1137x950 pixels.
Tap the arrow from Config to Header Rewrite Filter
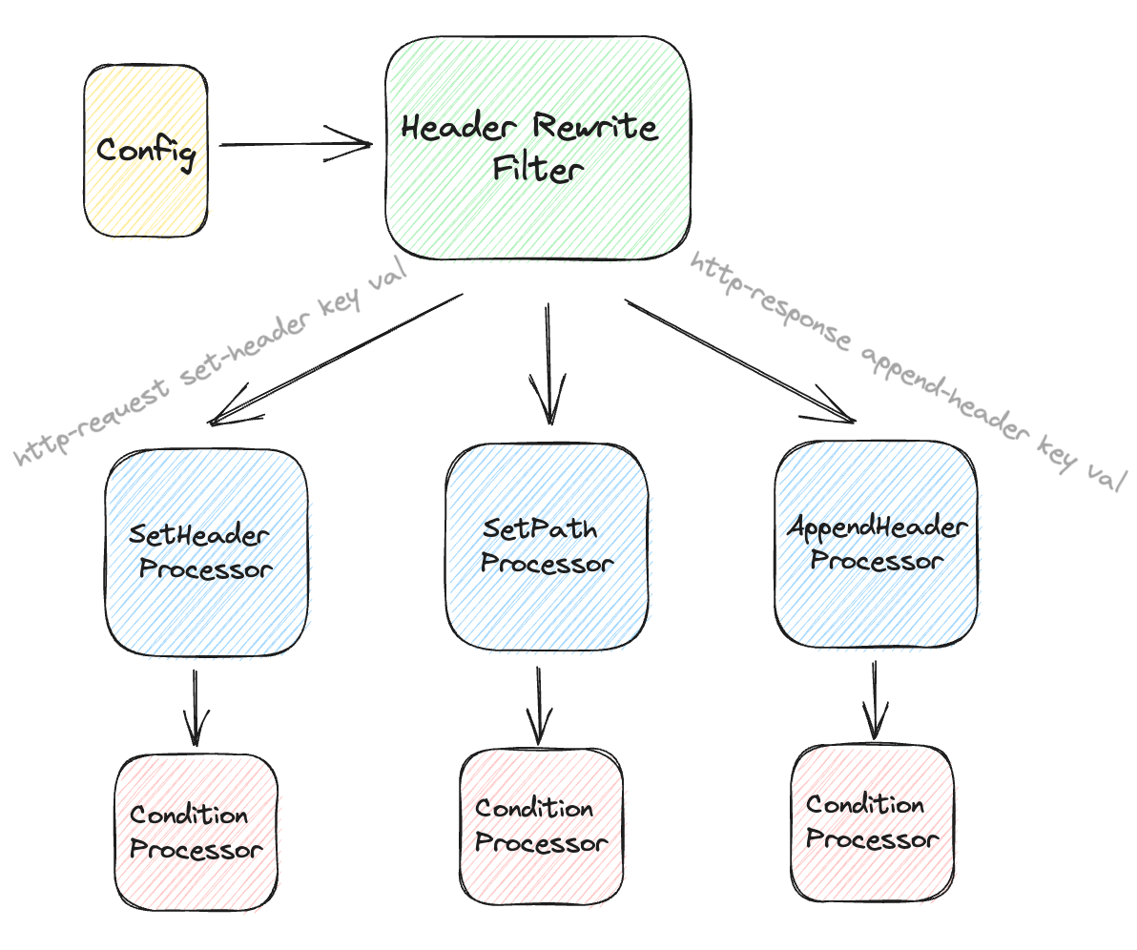(x=296, y=145)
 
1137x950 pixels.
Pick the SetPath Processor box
(x=546, y=545)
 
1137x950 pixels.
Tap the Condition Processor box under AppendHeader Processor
(x=871, y=823)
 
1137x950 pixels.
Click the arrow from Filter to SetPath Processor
(x=549, y=362)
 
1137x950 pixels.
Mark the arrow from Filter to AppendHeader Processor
(x=739, y=360)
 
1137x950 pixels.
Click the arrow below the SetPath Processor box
(x=540, y=704)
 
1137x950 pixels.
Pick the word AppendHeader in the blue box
(x=878, y=527)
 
